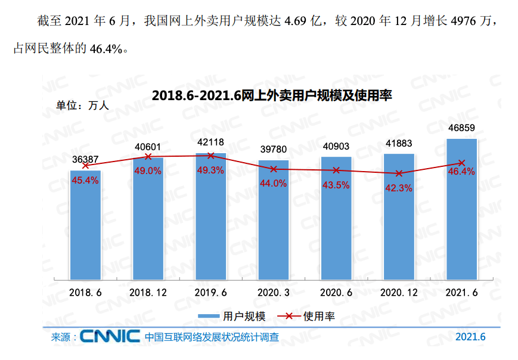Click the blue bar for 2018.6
(x=85, y=225)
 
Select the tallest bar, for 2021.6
(x=461, y=209)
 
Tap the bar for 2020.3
(x=274, y=221)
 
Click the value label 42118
(x=210, y=142)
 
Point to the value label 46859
(x=461, y=128)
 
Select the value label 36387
(x=85, y=160)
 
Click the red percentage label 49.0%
(x=148, y=170)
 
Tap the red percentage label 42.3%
(x=399, y=188)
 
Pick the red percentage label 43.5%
(x=336, y=185)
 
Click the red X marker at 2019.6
(x=210, y=156)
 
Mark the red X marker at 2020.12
(x=399, y=173)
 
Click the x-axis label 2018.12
(x=148, y=293)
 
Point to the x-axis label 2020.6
(x=336, y=293)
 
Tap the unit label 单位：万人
(x=82, y=105)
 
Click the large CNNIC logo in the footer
(x=110, y=336)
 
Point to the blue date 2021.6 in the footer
(x=470, y=337)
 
